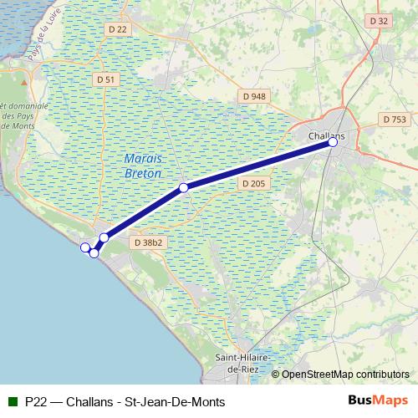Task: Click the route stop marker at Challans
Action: coord(333,142)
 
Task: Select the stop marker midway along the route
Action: coord(183,187)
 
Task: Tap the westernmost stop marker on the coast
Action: coord(84,247)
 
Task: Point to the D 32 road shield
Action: coord(379,20)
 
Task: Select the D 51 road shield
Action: coord(105,79)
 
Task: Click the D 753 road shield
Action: coord(395,120)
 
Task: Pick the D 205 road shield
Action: coord(252,183)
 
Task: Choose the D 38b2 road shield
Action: coord(147,242)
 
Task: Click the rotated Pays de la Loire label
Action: coord(42,43)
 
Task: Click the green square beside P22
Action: coord(11,401)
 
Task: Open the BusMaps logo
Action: coord(378,400)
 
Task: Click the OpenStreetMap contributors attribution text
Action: coord(344,375)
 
